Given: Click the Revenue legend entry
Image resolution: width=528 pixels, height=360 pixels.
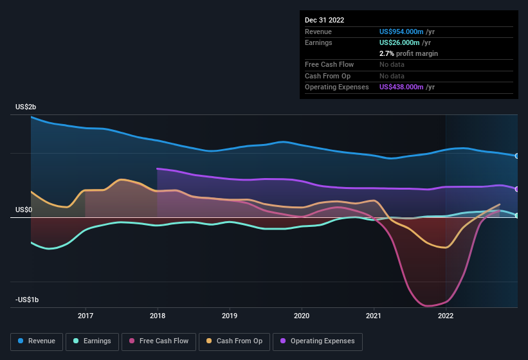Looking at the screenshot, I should pyautogui.click(x=37, y=341).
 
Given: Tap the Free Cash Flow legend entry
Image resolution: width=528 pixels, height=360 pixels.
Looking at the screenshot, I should pyautogui.click(x=159, y=341).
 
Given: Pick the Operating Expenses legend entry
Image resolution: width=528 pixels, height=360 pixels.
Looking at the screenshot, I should pyautogui.click(x=318, y=341).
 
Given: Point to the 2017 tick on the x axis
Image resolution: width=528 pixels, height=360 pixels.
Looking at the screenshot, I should pyautogui.click(x=86, y=316).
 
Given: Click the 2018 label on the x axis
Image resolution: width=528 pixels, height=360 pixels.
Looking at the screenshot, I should pyautogui.click(x=158, y=316).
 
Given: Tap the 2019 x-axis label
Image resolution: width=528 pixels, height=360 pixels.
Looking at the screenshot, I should pyautogui.click(x=230, y=316).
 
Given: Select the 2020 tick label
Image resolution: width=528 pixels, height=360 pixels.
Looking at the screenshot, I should pyautogui.click(x=302, y=316).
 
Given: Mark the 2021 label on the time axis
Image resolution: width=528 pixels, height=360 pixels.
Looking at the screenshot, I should pyautogui.click(x=374, y=316).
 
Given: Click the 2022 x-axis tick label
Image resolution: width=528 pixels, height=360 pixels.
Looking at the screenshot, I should pyautogui.click(x=446, y=316).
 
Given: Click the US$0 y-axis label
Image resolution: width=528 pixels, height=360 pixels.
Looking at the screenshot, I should pyautogui.click(x=24, y=210).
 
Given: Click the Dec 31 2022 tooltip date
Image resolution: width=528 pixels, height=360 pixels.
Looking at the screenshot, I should pyautogui.click(x=325, y=20).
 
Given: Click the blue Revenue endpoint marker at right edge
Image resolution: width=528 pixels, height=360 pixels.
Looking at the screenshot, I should pyautogui.click(x=517, y=156).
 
